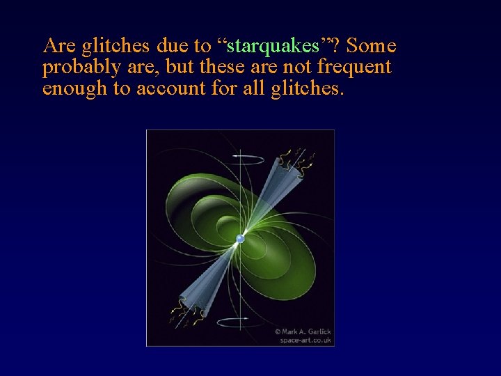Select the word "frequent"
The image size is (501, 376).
click(355, 68)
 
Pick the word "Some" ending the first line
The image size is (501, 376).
click(371, 47)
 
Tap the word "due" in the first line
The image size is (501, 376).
click(173, 47)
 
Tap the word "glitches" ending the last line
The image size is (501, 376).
click(307, 89)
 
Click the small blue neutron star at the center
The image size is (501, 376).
click(240, 239)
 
